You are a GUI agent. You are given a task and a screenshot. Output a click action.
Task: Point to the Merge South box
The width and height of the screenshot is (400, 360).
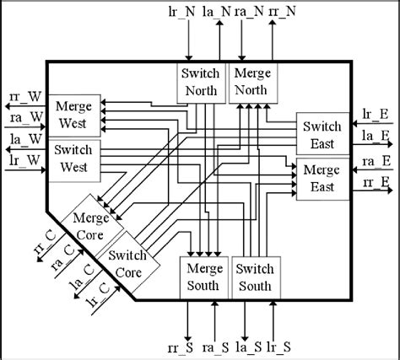pos(203,277)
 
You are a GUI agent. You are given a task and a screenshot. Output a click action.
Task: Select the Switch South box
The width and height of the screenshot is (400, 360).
pos(256,277)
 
